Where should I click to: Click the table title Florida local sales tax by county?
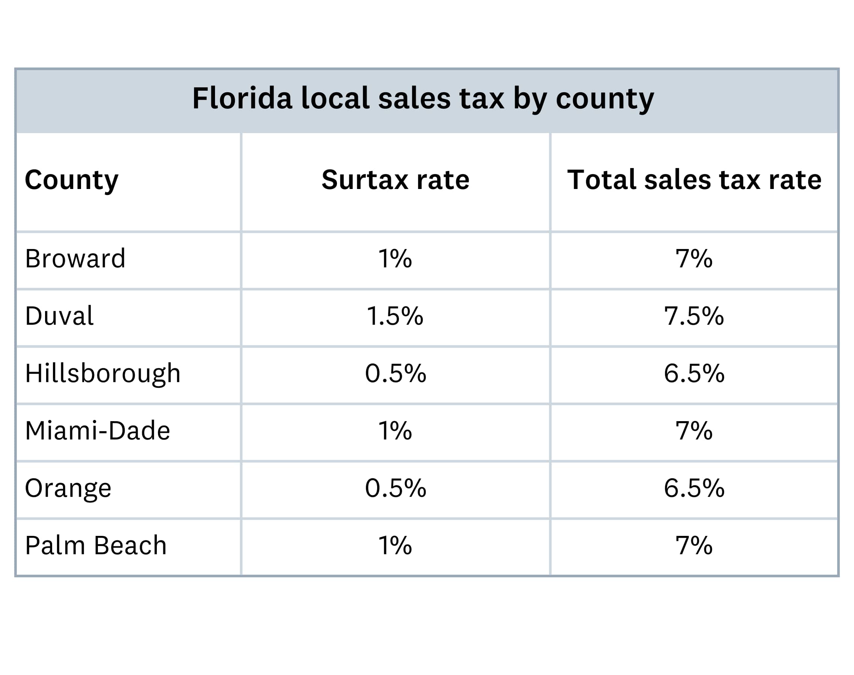pos(422,98)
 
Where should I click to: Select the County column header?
pos(72,180)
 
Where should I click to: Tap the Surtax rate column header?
pos(395,180)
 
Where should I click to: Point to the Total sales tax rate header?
pos(694,180)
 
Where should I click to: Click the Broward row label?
pos(75,259)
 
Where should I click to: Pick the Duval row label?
pos(59,316)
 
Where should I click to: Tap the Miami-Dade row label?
pos(97,431)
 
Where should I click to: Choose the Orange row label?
pos(68,489)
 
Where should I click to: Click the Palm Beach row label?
pos(96,546)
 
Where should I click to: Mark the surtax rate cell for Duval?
pos(395,316)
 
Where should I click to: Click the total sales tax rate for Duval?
pos(694,316)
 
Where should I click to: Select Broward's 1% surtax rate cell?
pos(395,259)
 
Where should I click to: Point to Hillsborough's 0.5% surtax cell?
pos(395,373)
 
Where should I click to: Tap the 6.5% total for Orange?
pos(694,489)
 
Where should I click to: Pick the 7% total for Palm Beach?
pos(694,546)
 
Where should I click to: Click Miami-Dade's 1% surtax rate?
pos(395,431)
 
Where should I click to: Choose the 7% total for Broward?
pos(694,259)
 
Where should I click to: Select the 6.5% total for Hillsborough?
pos(694,373)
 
